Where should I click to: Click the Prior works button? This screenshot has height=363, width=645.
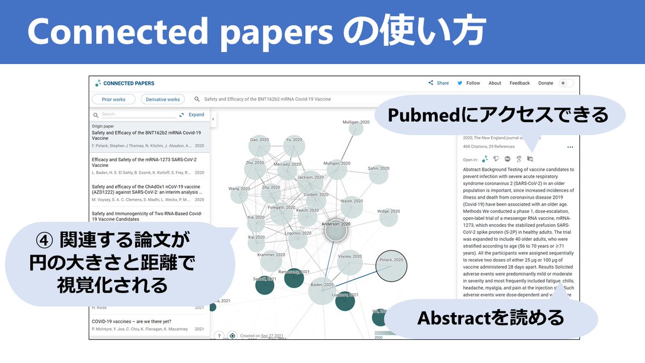[x=113, y=99]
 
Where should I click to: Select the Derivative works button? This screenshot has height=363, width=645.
[x=163, y=99]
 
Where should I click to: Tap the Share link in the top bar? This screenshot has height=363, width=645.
[x=439, y=83]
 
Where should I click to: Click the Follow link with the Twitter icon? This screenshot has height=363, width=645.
[x=469, y=83]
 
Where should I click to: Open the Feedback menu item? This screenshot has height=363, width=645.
[x=519, y=83]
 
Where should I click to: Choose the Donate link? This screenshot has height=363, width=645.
[x=546, y=83]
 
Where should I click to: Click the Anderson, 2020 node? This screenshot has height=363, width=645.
[x=336, y=231]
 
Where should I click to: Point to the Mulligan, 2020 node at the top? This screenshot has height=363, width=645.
[x=356, y=129]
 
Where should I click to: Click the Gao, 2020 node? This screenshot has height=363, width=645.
[x=259, y=146]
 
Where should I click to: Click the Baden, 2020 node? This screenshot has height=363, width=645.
[x=322, y=291]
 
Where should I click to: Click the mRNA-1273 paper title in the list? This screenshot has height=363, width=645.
[x=144, y=162]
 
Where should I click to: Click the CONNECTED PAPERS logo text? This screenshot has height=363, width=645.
[x=128, y=83]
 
